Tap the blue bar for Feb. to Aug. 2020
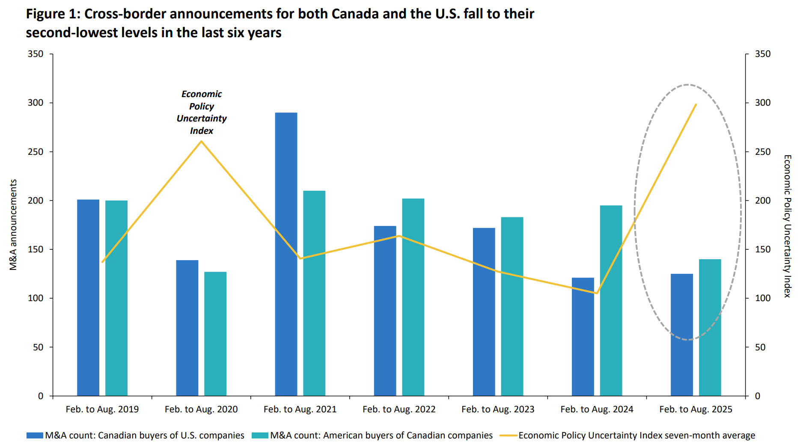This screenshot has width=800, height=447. pyautogui.click(x=187, y=328)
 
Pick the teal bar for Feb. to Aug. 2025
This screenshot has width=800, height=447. pyautogui.click(x=710, y=327)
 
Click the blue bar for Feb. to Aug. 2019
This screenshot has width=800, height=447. pyautogui.click(x=88, y=297)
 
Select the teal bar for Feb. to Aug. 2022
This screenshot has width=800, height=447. pyautogui.click(x=413, y=297)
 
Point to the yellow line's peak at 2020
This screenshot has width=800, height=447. pyautogui.click(x=201, y=141)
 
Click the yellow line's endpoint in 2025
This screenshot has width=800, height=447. pyautogui.click(x=696, y=104)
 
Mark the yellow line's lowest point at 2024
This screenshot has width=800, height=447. pyautogui.click(x=596, y=293)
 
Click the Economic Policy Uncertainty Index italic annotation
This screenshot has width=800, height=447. pyautogui.click(x=201, y=112)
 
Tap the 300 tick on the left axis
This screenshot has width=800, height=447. pyautogui.click(x=36, y=103)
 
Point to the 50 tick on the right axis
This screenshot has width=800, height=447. pyautogui.click(x=760, y=347)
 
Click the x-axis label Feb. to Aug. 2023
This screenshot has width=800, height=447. pyautogui.click(x=498, y=409)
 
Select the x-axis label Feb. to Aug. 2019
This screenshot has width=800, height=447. pyautogui.click(x=102, y=409)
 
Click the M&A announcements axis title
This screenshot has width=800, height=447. pyautogui.click(x=13, y=225)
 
